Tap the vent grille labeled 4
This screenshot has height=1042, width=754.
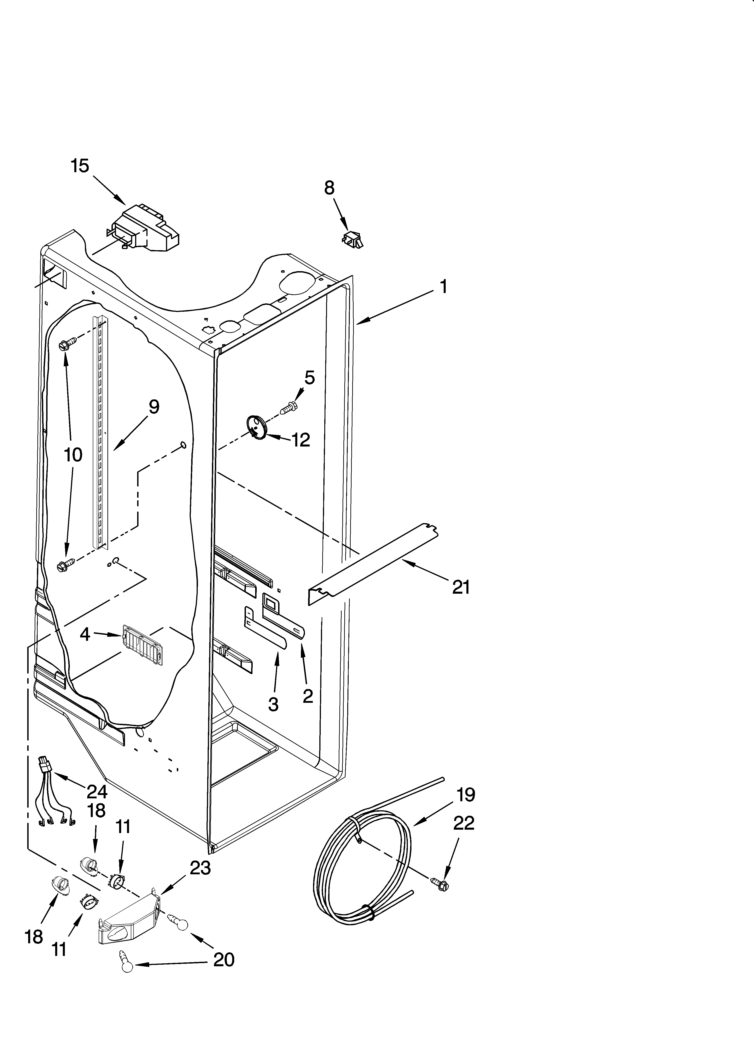coord(141,645)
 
